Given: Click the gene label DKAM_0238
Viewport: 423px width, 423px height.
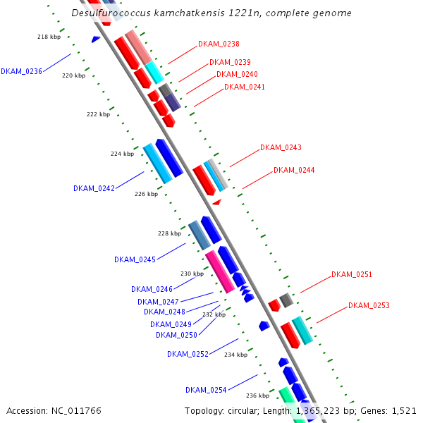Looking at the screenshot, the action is (x=219, y=44).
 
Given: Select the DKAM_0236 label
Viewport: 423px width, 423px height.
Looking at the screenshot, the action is (x=21, y=71).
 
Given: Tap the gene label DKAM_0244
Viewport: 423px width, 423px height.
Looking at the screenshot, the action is (x=294, y=171).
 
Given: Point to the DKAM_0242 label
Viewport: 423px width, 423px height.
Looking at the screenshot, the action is (x=94, y=188).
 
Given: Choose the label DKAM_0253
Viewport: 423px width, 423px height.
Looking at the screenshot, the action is (x=369, y=305).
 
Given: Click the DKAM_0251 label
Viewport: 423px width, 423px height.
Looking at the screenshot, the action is (x=352, y=274).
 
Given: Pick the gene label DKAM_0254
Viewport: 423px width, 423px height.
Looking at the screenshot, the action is (x=206, y=390).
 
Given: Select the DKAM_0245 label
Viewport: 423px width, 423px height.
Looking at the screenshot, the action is (x=135, y=259).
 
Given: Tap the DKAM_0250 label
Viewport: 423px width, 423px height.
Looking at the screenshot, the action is (x=176, y=335).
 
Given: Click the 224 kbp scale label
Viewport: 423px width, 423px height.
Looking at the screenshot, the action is (x=122, y=154).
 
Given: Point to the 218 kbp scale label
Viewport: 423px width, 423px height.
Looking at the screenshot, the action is (x=49, y=37).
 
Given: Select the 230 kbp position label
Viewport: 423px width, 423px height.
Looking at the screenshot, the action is (x=192, y=274).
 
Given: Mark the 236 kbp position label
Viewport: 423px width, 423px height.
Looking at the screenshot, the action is (x=258, y=396).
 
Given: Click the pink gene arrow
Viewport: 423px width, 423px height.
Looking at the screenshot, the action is (x=220, y=272).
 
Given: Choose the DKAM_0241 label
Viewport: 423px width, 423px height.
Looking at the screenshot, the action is (x=245, y=87).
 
